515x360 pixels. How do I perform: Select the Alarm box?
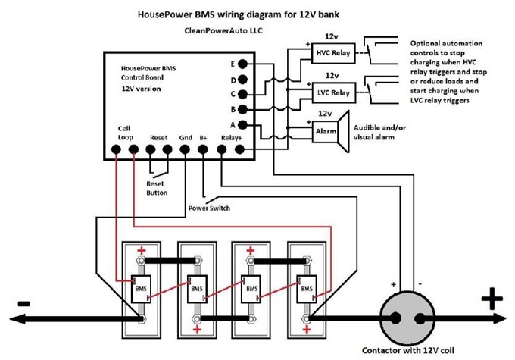tap(324, 130)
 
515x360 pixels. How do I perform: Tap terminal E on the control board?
tap(243, 64)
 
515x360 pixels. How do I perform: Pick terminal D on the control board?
tap(243, 80)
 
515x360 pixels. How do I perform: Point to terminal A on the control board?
tap(243, 124)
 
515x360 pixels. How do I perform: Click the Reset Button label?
tap(157, 187)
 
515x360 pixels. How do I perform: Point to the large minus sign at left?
tap(23, 302)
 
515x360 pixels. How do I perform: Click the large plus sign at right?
tap(493, 299)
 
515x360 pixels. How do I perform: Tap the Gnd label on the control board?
tap(186, 138)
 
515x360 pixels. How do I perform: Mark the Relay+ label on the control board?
tap(231, 138)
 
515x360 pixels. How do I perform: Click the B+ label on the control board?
tap(204, 138)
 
